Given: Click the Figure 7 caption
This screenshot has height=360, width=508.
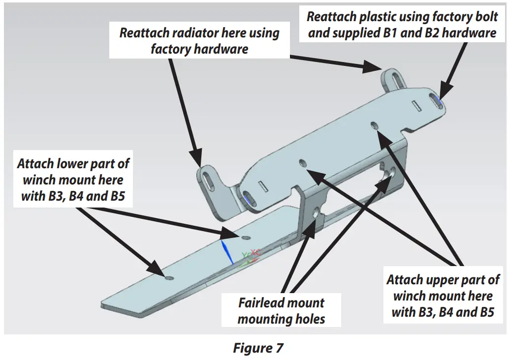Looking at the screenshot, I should (x=258, y=348).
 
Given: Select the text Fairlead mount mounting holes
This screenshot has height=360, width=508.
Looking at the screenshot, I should (x=281, y=311).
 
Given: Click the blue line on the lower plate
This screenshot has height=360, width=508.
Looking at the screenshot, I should (x=226, y=252).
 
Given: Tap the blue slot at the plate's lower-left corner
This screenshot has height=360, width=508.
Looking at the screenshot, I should (x=248, y=199).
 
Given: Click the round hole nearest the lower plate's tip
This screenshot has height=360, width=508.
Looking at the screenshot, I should (x=170, y=278).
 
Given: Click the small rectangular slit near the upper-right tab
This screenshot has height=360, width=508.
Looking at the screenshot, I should (x=415, y=105).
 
